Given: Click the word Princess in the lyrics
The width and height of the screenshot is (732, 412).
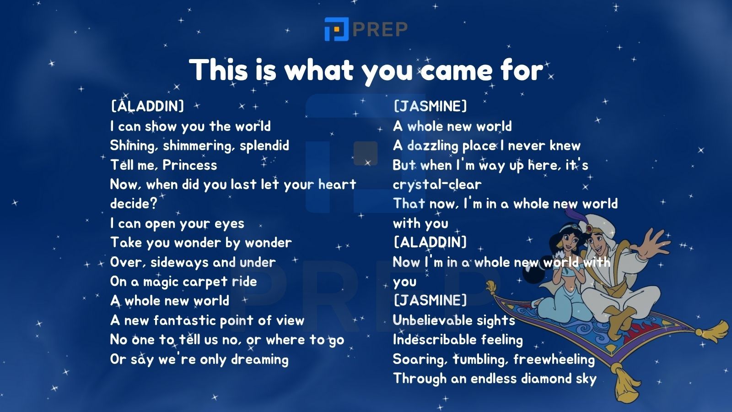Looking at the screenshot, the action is [x=189, y=165].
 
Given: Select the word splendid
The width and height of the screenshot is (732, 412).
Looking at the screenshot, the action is [x=264, y=146].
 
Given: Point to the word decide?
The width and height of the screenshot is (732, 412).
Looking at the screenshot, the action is [x=134, y=203].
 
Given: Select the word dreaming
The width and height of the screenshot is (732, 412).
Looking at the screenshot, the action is [x=260, y=359].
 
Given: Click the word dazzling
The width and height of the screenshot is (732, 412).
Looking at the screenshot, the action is [x=433, y=146].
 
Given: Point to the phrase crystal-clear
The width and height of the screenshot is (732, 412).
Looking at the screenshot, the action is [x=437, y=184].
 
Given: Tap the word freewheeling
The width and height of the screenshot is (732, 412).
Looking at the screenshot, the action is [x=554, y=359].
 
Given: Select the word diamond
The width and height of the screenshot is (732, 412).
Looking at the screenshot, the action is [x=546, y=378].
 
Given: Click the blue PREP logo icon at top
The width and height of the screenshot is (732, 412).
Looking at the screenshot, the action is [x=337, y=29].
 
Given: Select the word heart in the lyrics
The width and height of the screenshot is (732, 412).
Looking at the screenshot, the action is [x=337, y=184].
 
